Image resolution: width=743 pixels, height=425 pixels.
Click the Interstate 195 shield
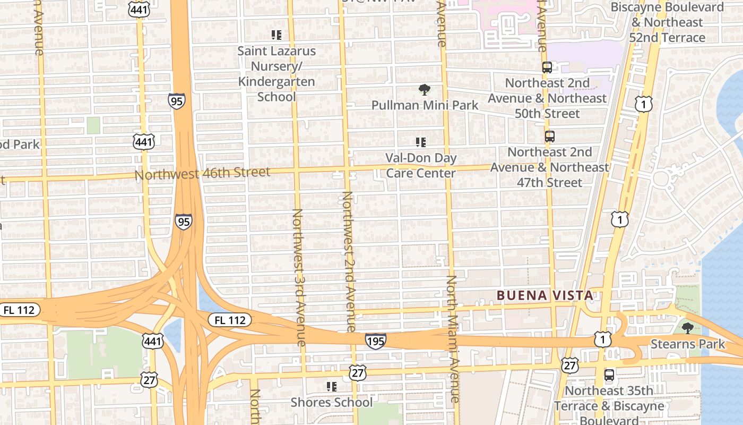pos(375,341)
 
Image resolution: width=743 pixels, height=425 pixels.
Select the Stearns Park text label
pos(688,344)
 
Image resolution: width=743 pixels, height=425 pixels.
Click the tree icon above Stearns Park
pos(688,328)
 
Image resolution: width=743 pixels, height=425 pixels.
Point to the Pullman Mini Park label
pos(425,105)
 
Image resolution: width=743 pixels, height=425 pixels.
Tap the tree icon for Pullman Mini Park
pos(424,90)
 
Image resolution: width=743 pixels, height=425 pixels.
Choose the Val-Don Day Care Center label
pos(421,165)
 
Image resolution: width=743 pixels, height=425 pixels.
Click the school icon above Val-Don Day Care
pos(421,142)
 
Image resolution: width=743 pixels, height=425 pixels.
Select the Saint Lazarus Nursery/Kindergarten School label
pos(277,74)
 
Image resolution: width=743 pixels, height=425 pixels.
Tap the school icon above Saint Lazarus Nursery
pos(277,35)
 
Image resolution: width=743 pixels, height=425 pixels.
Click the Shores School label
pos(332,402)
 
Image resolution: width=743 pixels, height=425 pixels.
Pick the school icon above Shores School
pos(332,386)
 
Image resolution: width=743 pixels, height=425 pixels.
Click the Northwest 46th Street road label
pos(202,173)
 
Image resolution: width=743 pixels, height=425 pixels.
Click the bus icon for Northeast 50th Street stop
pos(547,67)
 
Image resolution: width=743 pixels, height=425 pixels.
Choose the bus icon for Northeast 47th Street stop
pos(550,137)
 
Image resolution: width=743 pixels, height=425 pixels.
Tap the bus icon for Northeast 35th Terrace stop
pos(609,375)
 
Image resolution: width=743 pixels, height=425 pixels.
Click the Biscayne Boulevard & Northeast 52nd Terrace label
pos(667,22)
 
